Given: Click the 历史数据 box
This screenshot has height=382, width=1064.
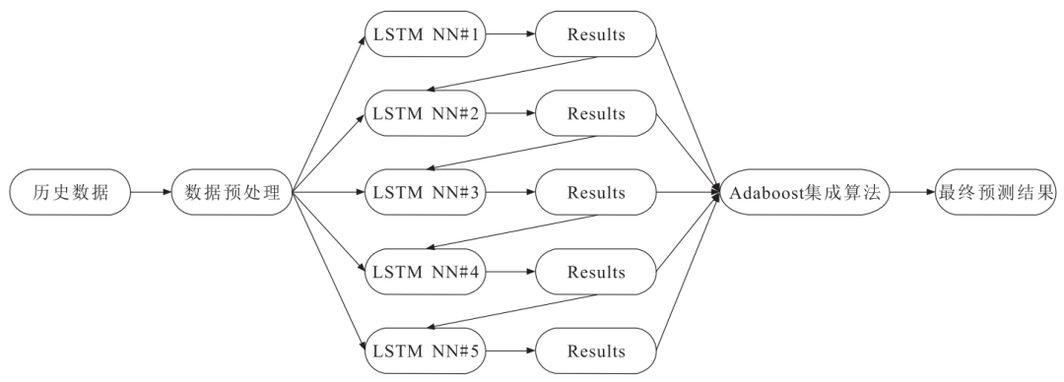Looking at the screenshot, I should (x=70, y=192).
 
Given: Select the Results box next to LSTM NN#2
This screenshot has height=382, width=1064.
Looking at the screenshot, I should (x=596, y=112).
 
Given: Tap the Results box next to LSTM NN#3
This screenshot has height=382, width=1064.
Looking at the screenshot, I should (x=596, y=192).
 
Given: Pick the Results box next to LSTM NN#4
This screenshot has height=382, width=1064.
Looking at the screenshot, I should (x=596, y=272).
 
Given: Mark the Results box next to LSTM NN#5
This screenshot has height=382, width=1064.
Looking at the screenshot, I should (x=596, y=351).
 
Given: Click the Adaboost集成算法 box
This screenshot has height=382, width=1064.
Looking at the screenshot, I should (x=805, y=192).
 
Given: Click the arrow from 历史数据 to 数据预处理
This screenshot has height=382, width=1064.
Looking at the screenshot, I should (x=151, y=192).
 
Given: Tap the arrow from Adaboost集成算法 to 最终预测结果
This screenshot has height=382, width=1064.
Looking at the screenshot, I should (x=912, y=192).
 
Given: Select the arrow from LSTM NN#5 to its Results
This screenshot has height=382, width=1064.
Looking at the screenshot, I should (x=510, y=351).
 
